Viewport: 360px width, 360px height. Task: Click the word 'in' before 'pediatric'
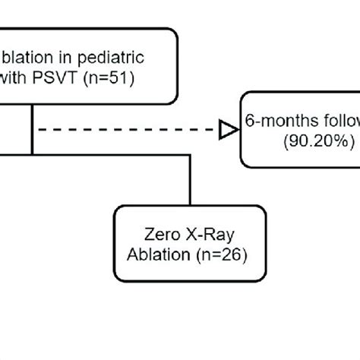coord(84,57)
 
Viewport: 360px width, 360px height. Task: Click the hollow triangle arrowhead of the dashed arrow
coord(226,131)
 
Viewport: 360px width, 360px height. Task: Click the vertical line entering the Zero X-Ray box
coord(185,182)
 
